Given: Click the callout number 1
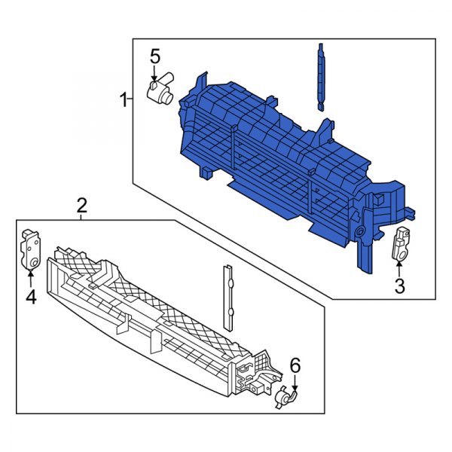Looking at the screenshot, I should pyautogui.click(x=122, y=99).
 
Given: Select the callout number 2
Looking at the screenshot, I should pyautogui.click(x=82, y=205).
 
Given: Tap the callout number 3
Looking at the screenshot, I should pyautogui.click(x=399, y=286).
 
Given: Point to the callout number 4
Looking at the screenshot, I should pyautogui.click(x=30, y=298).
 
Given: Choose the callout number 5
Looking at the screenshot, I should pyautogui.click(x=154, y=56).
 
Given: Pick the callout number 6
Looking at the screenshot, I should pyautogui.click(x=295, y=365).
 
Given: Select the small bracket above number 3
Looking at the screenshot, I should pyautogui.click(x=400, y=244).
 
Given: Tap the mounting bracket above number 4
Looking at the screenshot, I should pyautogui.click(x=30, y=248).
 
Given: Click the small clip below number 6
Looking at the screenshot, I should pyautogui.click(x=285, y=396).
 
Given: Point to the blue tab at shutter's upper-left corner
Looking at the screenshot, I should pyautogui.click(x=201, y=81).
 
